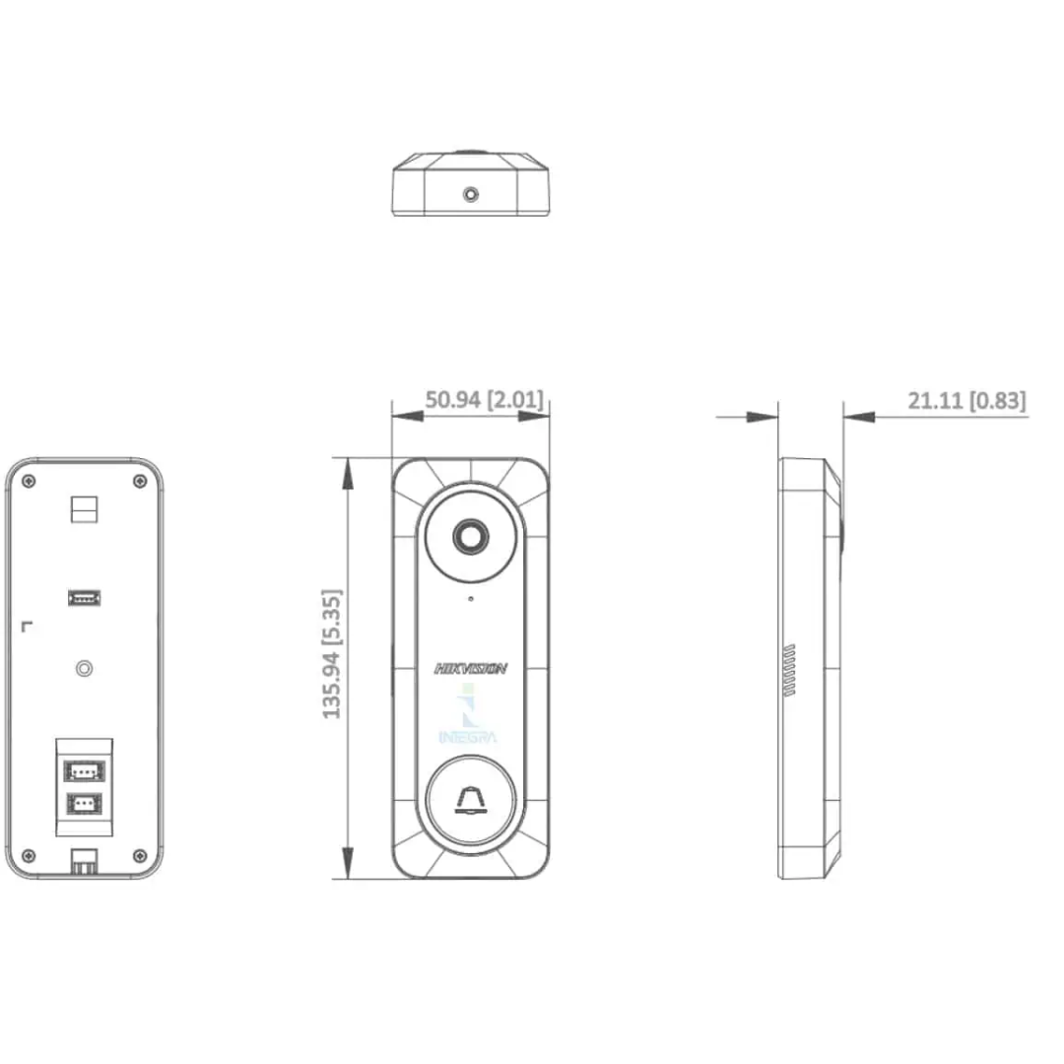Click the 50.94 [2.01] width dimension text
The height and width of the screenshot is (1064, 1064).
(x=485, y=400)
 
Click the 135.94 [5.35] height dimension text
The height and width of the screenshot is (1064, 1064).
(x=331, y=654)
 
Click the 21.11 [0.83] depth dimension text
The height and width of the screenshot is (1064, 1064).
(x=967, y=400)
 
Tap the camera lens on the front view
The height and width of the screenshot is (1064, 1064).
(x=470, y=537)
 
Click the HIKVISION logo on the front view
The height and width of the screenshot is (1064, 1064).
(x=470, y=669)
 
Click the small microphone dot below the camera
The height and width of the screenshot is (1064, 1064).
(x=471, y=599)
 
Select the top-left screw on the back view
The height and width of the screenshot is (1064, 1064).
(x=29, y=481)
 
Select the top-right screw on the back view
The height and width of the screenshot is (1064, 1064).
(x=140, y=481)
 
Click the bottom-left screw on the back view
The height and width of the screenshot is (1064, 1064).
(x=29, y=855)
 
